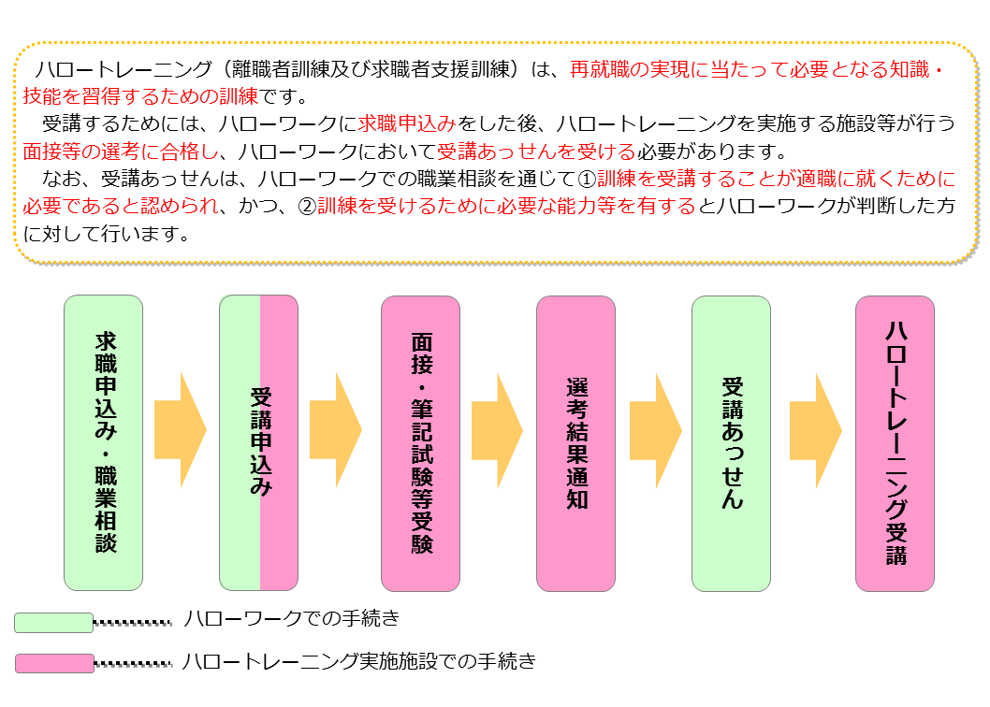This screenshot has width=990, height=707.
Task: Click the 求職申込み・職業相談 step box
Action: (103, 442)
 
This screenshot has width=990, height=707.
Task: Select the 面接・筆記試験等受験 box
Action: (420, 442)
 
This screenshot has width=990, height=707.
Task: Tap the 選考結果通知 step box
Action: (575, 442)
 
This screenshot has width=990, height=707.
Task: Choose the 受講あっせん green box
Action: (731, 442)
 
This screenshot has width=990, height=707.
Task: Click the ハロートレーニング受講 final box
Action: (895, 442)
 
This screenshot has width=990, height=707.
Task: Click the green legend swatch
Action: (53, 622)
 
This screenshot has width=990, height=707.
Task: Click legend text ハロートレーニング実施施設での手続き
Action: (359, 660)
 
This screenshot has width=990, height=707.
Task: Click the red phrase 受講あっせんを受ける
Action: (536, 151)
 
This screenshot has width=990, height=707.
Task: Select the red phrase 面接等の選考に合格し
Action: (120, 151)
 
